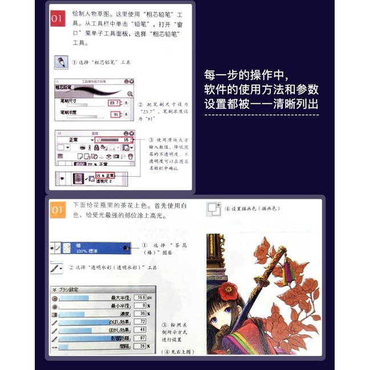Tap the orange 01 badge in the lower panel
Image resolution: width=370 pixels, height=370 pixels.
coord(58,210)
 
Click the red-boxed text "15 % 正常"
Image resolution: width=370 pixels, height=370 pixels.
coord(105,175)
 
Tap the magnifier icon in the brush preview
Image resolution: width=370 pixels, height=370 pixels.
coord(129,93)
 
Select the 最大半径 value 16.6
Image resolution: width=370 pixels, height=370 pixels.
coord(140,298)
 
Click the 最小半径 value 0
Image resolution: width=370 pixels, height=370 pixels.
coord(143,306)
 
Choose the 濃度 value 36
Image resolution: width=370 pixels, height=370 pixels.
coord(142,314)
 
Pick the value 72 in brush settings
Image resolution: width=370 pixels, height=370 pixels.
coord(142,322)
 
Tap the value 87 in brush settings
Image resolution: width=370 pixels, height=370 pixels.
coord(142,338)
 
